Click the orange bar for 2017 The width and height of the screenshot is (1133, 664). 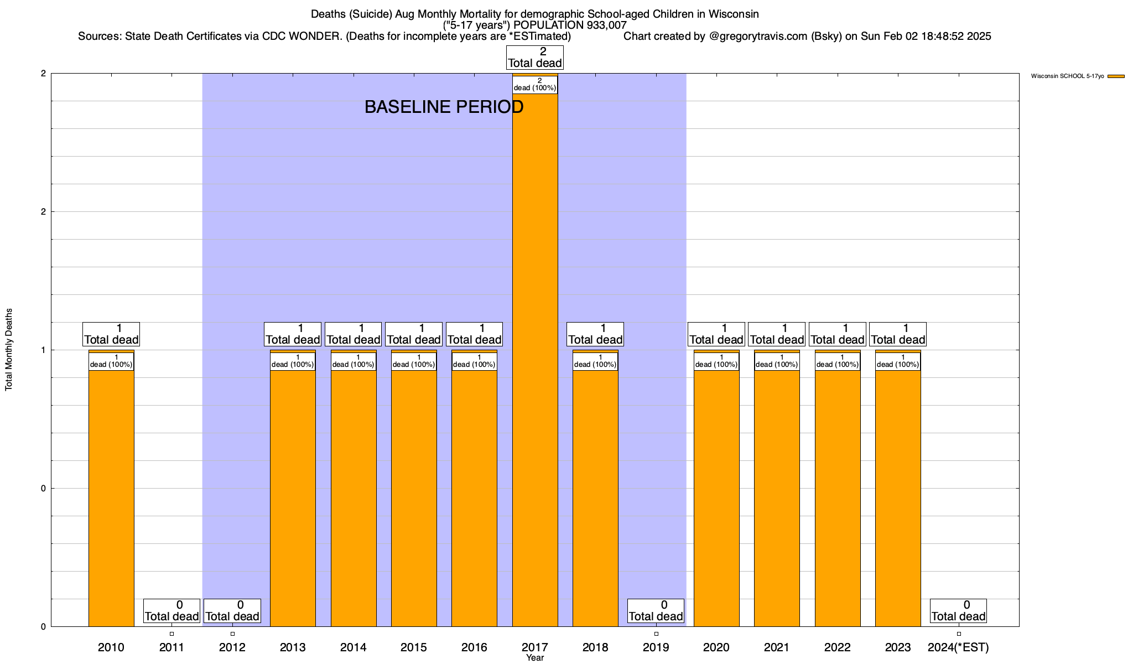[x=534, y=360]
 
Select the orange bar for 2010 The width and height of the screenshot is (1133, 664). [x=111, y=498]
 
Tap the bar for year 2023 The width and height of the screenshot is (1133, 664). [x=898, y=498]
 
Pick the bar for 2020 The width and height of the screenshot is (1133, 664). [x=716, y=498]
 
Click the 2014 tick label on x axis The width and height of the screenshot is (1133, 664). [x=353, y=647]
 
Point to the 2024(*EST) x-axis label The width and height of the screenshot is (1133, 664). [x=958, y=647]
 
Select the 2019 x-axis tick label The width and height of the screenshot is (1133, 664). [x=656, y=647]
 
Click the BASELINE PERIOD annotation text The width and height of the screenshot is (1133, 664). [x=444, y=107]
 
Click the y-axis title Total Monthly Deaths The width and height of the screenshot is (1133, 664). [x=9, y=350]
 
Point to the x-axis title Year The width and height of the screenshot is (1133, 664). [x=535, y=658]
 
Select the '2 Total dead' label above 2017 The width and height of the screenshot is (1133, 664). [x=534, y=58]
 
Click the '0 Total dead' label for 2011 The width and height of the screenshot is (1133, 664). [x=171, y=611]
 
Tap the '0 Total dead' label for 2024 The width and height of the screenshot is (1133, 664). [x=958, y=611]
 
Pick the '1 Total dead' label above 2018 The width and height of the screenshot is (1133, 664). [x=595, y=334]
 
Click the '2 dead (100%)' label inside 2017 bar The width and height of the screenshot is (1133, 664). [x=534, y=85]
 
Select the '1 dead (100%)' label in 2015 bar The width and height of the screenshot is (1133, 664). [x=414, y=361]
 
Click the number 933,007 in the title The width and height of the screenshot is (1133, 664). [x=605, y=25]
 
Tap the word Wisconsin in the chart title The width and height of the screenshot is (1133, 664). [x=731, y=14]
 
